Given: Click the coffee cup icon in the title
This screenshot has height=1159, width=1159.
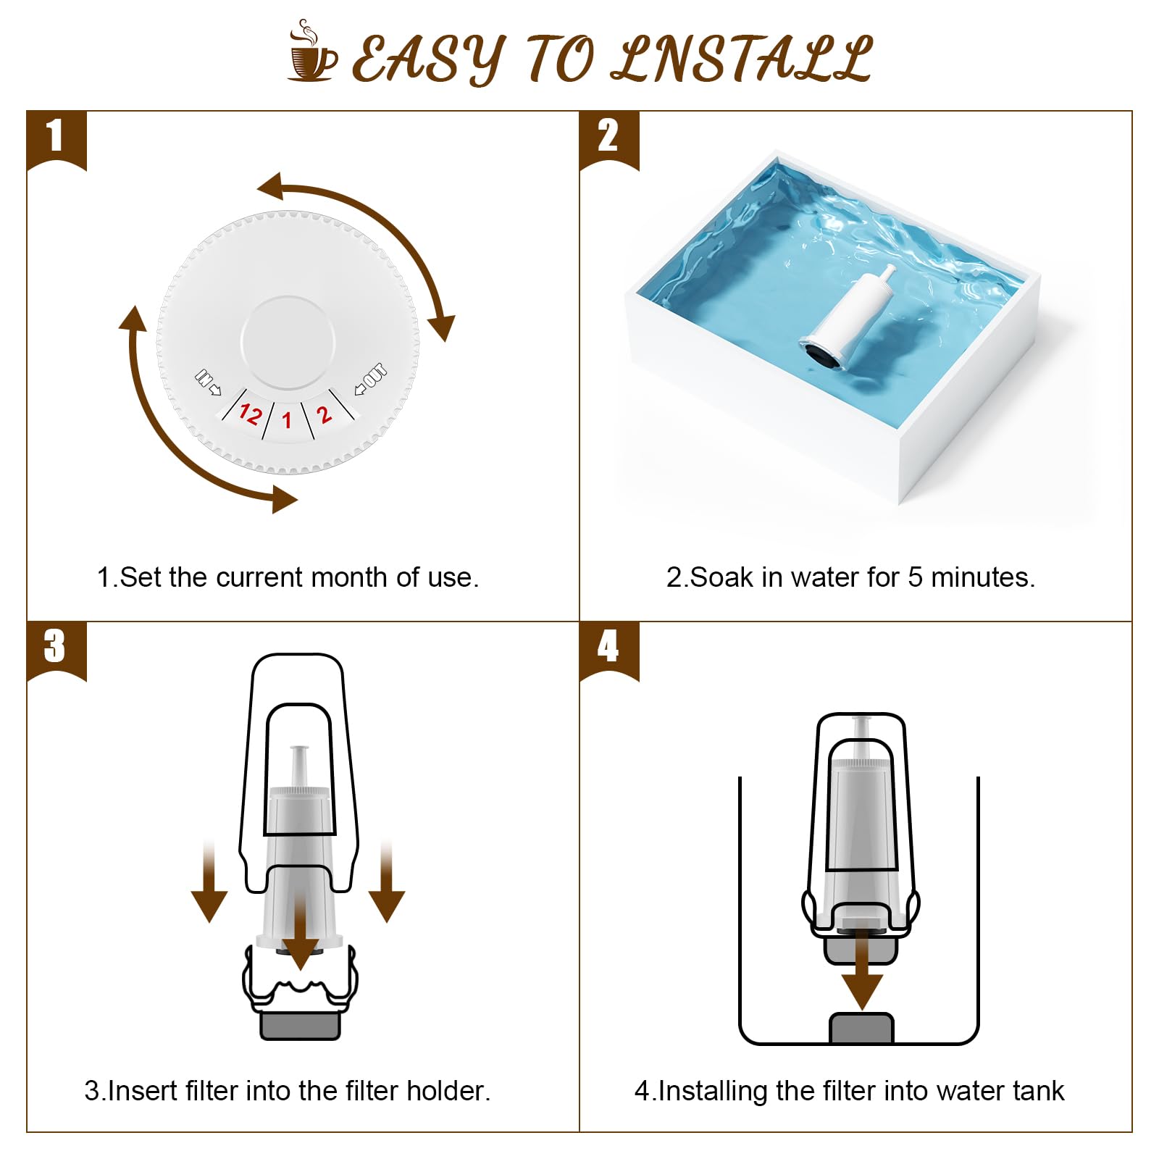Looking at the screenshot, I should click(x=312, y=52).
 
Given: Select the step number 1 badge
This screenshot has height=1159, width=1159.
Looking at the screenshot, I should click(x=56, y=137).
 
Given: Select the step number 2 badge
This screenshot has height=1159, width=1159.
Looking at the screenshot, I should click(x=608, y=137).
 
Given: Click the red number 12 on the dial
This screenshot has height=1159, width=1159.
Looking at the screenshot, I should click(x=250, y=414).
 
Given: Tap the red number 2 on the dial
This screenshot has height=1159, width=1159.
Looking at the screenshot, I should click(x=324, y=414).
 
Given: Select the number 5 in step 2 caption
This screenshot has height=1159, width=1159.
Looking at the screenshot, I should click(x=915, y=577).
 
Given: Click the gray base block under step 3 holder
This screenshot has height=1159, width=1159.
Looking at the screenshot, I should click(x=300, y=1024).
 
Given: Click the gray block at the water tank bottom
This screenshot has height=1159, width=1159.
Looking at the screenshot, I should click(x=861, y=1029).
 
